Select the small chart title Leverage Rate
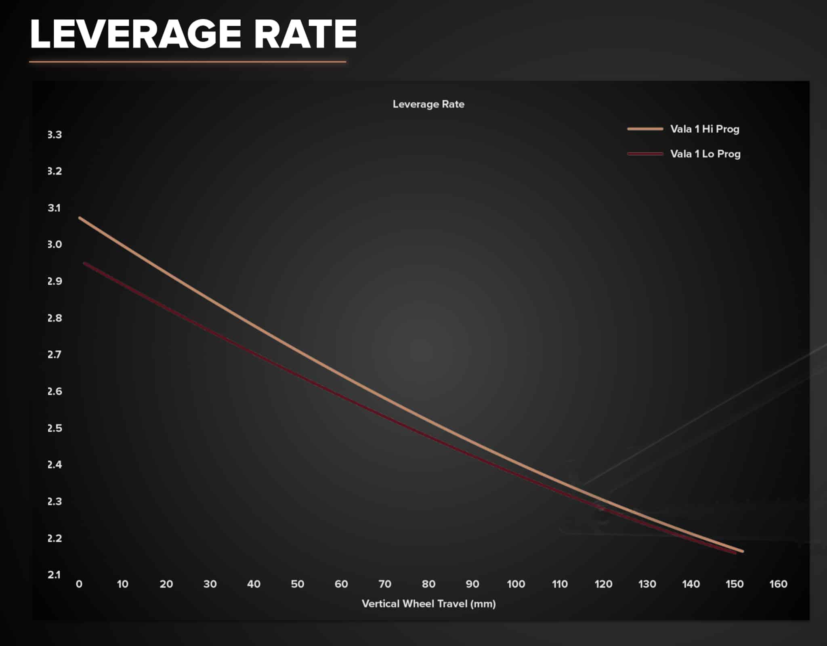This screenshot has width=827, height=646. (428, 104)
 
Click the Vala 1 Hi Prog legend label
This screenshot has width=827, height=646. (705, 129)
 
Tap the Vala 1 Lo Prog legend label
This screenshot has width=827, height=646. (705, 154)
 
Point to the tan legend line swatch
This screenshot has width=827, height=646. (645, 129)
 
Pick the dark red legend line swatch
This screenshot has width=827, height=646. (645, 154)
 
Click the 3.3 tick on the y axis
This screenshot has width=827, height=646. (55, 135)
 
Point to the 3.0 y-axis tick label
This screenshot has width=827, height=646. (55, 245)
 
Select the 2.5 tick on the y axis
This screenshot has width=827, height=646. (55, 428)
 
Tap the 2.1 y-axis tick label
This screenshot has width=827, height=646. (55, 575)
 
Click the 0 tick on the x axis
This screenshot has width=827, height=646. (79, 584)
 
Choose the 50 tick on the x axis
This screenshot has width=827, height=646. (298, 584)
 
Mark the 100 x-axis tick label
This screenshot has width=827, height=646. (516, 584)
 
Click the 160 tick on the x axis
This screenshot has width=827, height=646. (778, 584)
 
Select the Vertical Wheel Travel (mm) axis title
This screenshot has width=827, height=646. (428, 604)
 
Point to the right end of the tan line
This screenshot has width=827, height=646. (742, 551)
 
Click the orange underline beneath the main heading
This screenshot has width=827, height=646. (188, 62)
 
